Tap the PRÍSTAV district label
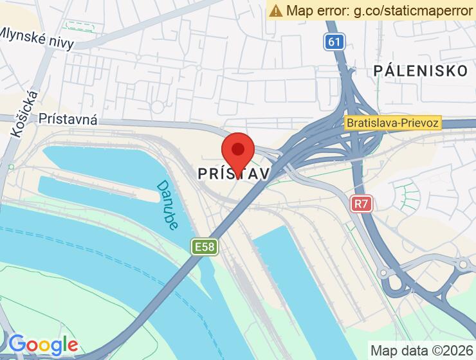(233, 174)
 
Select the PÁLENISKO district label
(421, 71)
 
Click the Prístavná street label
(68, 119)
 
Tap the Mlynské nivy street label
(37, 39)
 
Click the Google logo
(43, 345)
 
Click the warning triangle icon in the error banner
(276, 10)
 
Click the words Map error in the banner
(314, 10)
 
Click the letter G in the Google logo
(17, 345)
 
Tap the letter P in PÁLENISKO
(378, 71)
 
